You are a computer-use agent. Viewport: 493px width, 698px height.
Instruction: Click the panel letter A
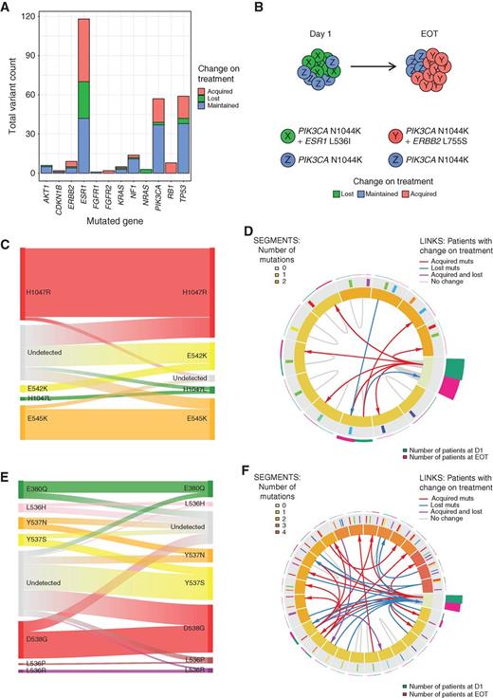tap(7, 9)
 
